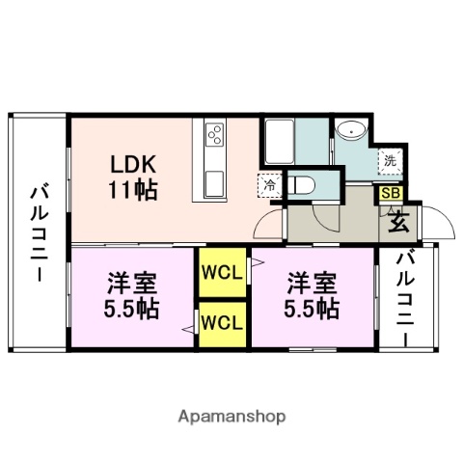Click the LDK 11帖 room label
pyautogui.click(x=132, y=173)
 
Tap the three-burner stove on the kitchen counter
pyautogui.click(x=213, y=134)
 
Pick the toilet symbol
pyautogui.click(x=302, y=183)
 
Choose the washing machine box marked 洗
pyautogui.click(x=388, y=161)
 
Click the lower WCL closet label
pyautogui.click(x=221, y=320)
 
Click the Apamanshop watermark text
pyautogui.click(x=231, y=418)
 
